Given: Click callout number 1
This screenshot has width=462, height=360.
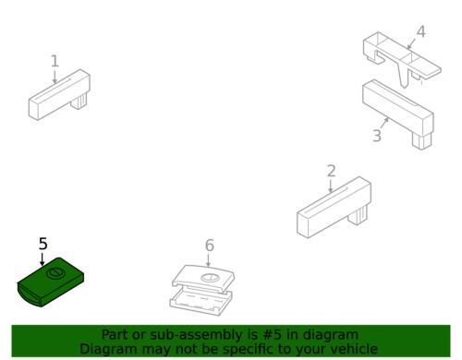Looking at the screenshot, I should pos(55,62).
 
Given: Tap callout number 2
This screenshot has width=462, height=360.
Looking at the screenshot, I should pos(331,171).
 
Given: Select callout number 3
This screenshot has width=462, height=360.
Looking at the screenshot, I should pos(376,137).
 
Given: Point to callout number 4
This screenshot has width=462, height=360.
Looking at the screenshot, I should pos(420,32).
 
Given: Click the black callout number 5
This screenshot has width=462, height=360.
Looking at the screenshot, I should pos(43,244).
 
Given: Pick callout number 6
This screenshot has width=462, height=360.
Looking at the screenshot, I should pos(209,246).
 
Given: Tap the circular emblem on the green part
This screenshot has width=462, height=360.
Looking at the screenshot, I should pos(55,274).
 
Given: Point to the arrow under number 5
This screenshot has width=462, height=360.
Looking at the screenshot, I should pos(43,259).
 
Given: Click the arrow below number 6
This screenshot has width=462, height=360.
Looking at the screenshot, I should pos(208,260).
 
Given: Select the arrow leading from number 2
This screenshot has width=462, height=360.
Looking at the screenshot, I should pos(331,186).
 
